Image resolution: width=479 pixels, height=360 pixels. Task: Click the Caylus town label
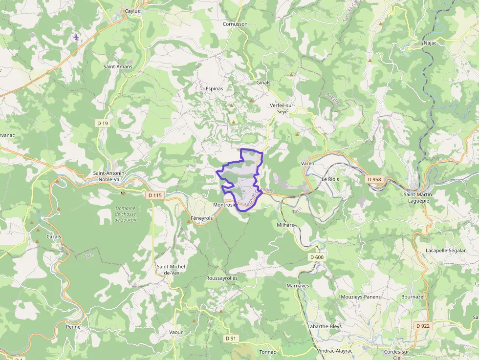pyautogui.click(x=132, y=11)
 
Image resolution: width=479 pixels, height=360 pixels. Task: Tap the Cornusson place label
pyautogui.click(x=235, y=24)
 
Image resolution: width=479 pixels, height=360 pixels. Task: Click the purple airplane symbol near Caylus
pyautogui.click(x=76, y=37)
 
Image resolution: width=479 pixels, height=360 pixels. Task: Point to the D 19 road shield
pyautogui.click(x=103, y=124)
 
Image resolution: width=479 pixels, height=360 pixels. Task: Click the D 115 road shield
pyautogui.click(x=154, y=195)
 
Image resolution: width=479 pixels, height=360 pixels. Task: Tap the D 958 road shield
pyautogui.click(x=374, y=180)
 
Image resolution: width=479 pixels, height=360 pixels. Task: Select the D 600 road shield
pyautogui.click(x=317, y=257)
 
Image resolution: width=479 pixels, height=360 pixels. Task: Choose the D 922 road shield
pyautogui.click(x=423, y=326)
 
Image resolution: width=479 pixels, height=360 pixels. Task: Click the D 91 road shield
pyautogui.click(x=231, y=338)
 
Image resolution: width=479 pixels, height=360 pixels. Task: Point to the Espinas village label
pyautogui.click(x=214, y=89)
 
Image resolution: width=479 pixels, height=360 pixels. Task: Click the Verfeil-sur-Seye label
pyautogui.click(x=283, y=108)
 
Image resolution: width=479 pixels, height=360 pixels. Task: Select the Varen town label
pyautogui.click(x=307, y=163)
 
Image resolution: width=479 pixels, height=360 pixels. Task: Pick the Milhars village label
pyautogui.click(x=285, y=225)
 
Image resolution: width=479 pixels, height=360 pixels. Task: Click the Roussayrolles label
pyautogui.click(x=222, y=278)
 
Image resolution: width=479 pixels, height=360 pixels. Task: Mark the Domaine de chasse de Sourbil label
pyautogui.click(x=125, y=214)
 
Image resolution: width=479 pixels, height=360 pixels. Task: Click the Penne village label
pyautogui.click(x=73, y=327)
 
